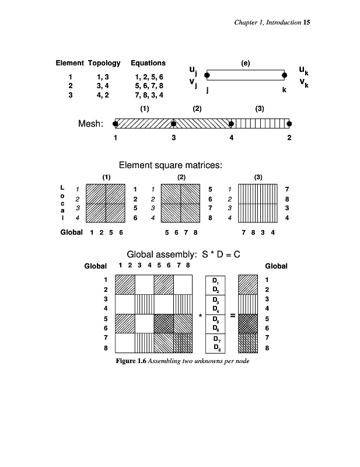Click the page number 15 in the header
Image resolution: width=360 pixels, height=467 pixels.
pos(306,22)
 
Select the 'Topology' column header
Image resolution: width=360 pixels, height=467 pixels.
pos(104,62)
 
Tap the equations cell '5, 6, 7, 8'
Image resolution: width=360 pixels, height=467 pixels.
pos(149,85)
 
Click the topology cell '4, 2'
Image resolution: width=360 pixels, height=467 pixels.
pos(103,95)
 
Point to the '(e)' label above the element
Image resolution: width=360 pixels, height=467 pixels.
pos(245,62)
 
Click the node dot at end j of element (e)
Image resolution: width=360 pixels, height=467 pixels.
pos(207,75)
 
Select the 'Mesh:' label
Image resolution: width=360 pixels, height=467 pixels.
pos(90,124)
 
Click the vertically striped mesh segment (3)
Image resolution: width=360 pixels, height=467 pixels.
pos(260,123)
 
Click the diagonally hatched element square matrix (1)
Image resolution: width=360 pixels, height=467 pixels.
pos(106,203)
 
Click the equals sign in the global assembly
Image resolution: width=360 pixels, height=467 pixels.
pos(232,316)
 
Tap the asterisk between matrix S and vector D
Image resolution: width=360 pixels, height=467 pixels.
pos(200,316)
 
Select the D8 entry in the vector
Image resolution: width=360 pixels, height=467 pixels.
pos(216,348)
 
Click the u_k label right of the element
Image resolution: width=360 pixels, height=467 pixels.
pos(303,71)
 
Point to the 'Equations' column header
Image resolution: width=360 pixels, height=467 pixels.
pos(148,62)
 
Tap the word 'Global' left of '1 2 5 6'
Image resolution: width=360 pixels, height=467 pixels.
pos(71,232)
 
